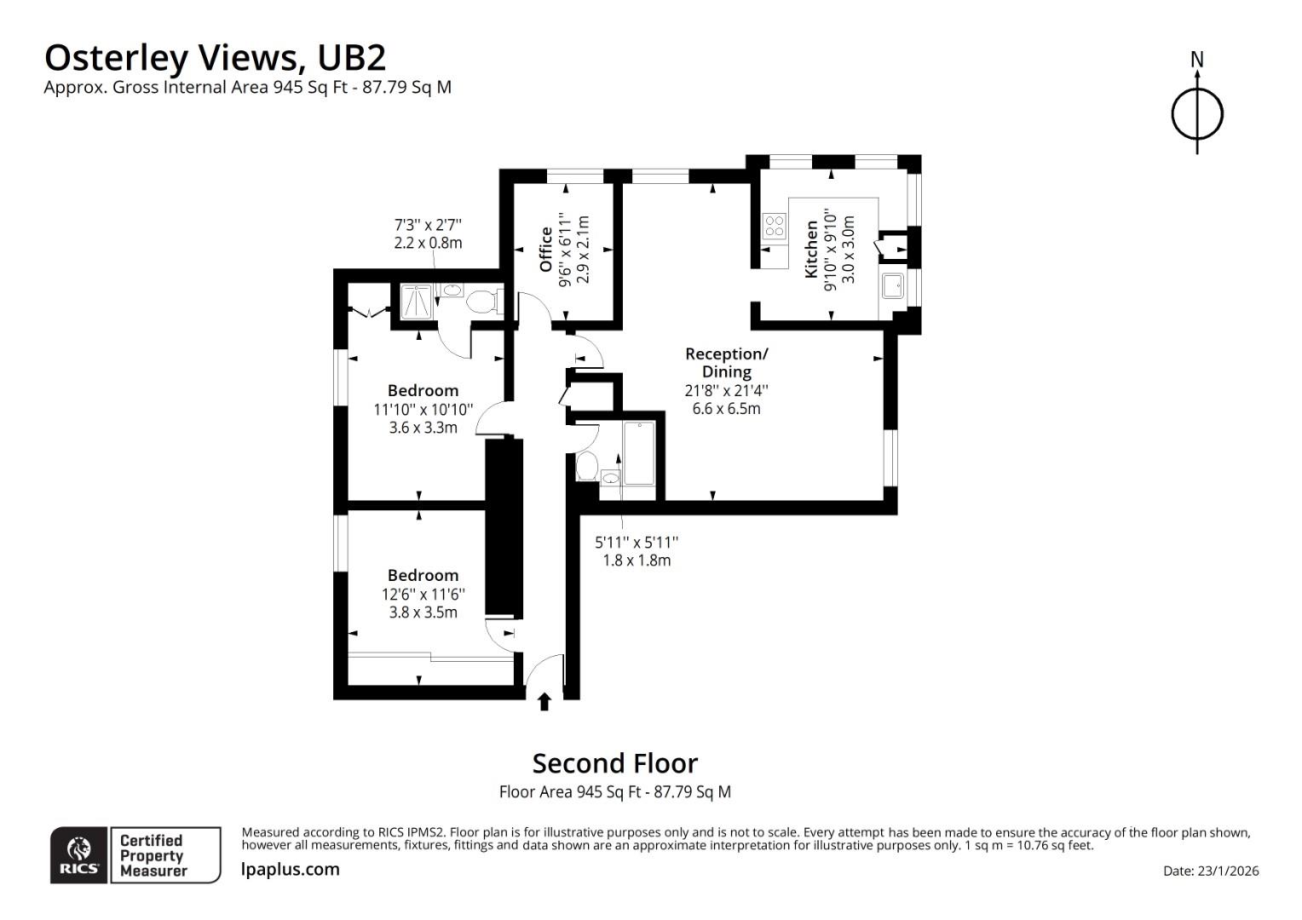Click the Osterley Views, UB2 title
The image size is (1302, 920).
coord(215,58)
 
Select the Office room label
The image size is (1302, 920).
coord(545,250)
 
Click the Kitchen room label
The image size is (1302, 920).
coord(810,250)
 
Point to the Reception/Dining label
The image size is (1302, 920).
coord(727,362)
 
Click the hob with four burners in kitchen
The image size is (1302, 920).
coord(775,226)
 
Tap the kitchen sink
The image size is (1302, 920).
coord(893,285)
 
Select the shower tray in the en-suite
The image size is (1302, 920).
coord(417,301)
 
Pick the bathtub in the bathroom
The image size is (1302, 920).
coord(639,453)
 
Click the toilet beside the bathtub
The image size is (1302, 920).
coord(586,466)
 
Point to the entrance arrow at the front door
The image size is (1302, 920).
coord(544,701)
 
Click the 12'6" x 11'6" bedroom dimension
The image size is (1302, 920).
coord(423,595)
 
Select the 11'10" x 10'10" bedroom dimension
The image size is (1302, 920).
coord(423,410)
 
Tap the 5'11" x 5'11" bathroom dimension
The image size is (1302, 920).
coord(637,543)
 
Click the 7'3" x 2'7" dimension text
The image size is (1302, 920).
coord(428,224)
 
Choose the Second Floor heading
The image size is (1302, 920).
coord(615,763)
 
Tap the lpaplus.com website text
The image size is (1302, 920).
coord(290,870)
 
